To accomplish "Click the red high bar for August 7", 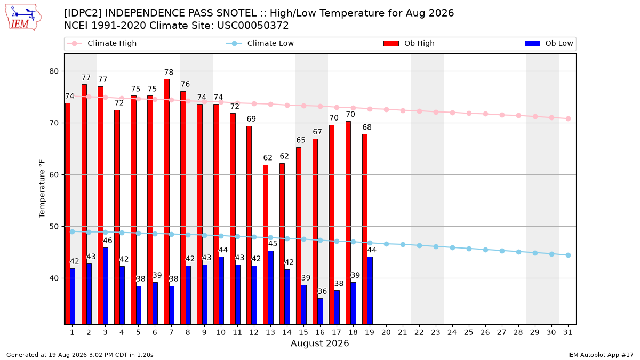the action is coord(166,202).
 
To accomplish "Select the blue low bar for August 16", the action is coord(321,311).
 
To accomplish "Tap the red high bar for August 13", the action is coord(266,244).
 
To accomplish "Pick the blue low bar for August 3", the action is coord(106,286).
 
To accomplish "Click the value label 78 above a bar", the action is coord(169,73).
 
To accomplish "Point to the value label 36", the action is coord(322,291).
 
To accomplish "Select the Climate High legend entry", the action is coord(102,43).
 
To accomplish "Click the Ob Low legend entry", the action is coord(549,43).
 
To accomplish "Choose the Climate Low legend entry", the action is coord(260,43).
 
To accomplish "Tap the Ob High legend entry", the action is coord(409,43).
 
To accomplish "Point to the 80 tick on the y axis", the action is coord(54,71).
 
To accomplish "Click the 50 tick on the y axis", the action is coord(54,227).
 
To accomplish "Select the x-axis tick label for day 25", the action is coord(469,333).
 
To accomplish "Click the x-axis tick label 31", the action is coord(567,333).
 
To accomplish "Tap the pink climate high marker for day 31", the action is coord(568,118).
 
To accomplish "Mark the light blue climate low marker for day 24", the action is coord(452,247).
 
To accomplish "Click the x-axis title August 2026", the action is coord(319,343).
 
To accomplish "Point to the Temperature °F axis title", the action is coord(42,189).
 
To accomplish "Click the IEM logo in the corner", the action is coord(23,17).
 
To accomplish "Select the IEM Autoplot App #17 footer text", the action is coord(601,355).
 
